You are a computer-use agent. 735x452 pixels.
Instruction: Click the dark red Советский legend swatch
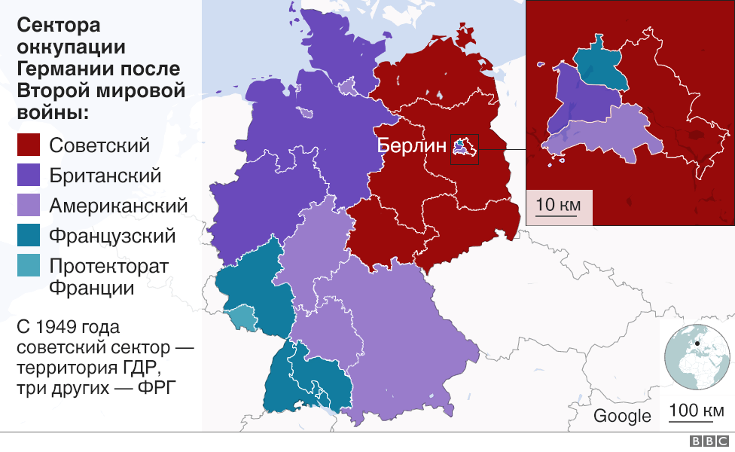(29, 146)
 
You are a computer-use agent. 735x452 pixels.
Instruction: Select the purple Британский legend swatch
(29, 176)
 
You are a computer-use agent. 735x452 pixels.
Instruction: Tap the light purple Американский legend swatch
(29, 206)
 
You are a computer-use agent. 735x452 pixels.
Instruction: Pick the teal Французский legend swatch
(29, 237)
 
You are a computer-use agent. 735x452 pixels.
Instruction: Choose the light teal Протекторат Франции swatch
(29, 267)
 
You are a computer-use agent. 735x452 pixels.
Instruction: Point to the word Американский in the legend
(118, 206)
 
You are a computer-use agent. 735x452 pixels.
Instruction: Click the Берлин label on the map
(412, 146)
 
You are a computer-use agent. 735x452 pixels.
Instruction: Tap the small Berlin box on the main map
(463, 148)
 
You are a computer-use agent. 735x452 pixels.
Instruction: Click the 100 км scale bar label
(697, 411)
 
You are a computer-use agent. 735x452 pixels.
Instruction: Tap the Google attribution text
(622, 417)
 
